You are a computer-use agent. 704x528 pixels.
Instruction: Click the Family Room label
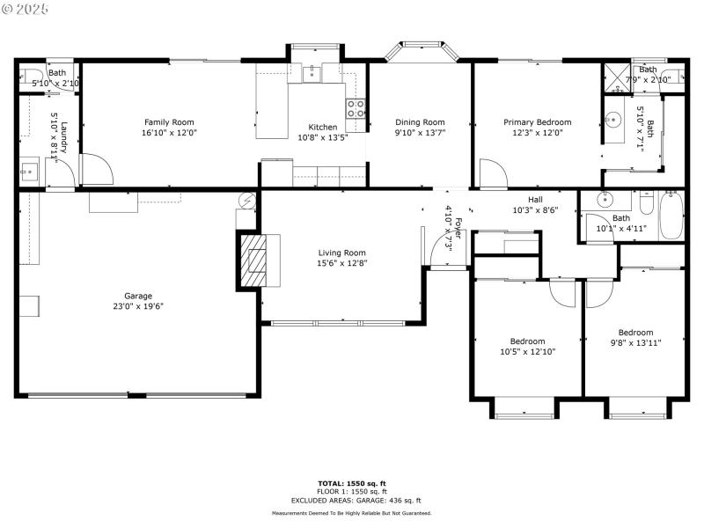[169, 122]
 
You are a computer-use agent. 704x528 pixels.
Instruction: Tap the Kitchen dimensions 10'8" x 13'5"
[322, 137]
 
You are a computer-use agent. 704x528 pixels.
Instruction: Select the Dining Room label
[420, 122]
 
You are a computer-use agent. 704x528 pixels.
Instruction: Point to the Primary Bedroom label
[537, 122]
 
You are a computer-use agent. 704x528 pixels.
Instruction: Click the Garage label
[138, 296]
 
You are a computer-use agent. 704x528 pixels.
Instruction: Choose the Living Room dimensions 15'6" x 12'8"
[341, 263]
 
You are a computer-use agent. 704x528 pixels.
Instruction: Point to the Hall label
[535, 200]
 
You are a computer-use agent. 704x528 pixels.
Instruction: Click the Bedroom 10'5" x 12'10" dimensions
[527, 352]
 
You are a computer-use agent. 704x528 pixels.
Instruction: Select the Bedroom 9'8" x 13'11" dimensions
[634, 343]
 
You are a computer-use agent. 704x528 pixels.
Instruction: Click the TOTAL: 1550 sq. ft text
[351, 483]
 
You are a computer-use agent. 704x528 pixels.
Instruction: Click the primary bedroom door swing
[490, 172]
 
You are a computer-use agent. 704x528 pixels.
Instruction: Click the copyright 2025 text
[26, 8]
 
